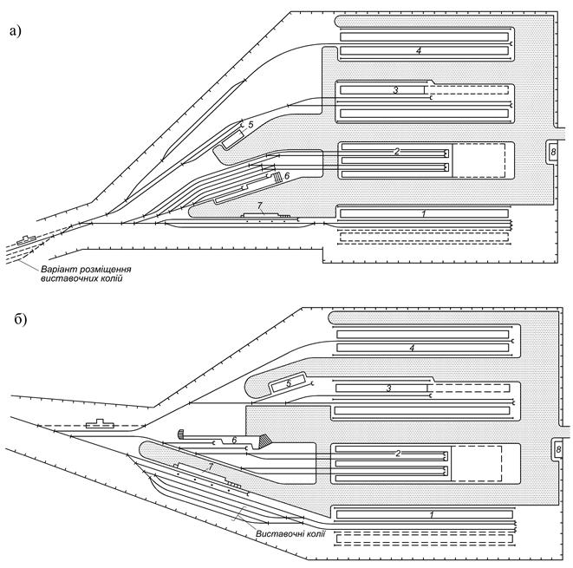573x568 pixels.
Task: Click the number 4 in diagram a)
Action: click(419, 50)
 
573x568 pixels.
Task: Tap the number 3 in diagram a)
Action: click(395, 89)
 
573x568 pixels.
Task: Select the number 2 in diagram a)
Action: click(397, 151)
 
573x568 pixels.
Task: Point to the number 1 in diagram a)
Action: click(424, 214)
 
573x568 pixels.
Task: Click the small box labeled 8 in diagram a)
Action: click(553, 151)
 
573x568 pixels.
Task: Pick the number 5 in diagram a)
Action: click(251, 125)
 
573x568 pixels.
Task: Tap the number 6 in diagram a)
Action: click(287, 176)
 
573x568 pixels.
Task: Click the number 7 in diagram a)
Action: click(260, 206)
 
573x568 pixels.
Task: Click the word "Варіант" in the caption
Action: click(56, 270)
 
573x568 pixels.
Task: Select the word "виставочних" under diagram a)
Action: click(63, 279)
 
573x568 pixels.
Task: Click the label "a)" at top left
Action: click(16, 31)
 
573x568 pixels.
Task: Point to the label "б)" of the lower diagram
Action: click(21, 320)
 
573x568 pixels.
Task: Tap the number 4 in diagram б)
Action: click(413, 348)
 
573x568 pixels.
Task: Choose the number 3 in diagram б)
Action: click(389, 388)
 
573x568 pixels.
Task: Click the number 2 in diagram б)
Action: click(398, 454)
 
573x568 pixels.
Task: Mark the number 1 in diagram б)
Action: click(432, 515)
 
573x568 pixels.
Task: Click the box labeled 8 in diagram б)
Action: click(558, 449)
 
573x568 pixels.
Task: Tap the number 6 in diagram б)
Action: click(234, 440)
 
